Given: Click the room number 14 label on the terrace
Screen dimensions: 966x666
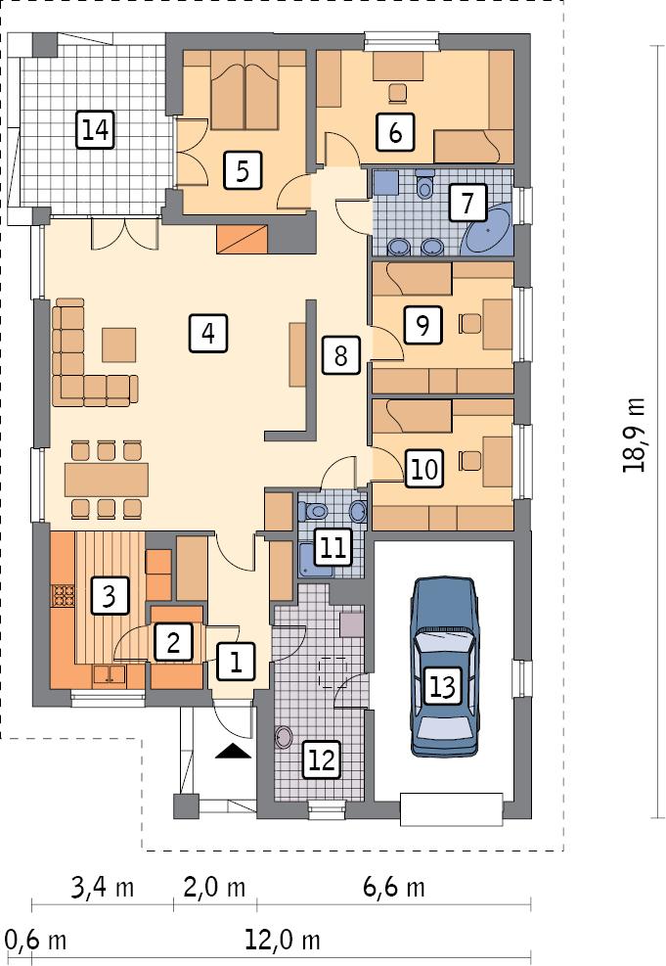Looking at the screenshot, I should click(95, 129).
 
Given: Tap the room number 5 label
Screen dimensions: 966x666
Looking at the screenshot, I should click(242, 170).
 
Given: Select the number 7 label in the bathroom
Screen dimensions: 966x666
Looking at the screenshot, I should click(466, 205).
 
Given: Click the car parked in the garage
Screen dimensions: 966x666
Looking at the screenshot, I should click(447, 666).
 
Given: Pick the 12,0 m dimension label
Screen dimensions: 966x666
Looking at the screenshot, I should click(284, 941).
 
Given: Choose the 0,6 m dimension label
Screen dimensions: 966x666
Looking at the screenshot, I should click(36, 941).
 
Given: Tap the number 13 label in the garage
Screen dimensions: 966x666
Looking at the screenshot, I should click(442, 686).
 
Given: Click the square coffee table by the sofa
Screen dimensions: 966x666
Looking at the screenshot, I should click(120, 345).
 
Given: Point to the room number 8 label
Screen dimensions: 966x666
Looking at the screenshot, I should click(339, 355).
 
